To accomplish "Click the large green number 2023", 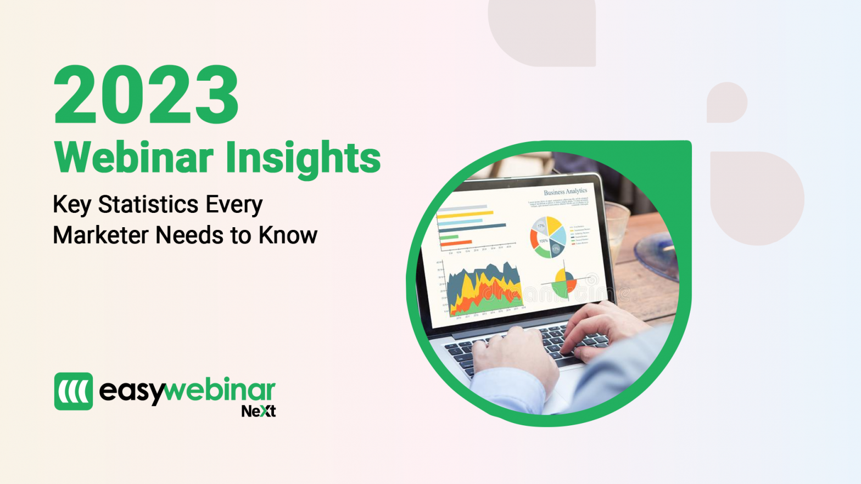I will pyautogui.click(x=146, y=94).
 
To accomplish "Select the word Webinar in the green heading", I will pyautogui.click(x=133, y=158).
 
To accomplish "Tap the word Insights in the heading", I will pyautogui.click(x=303, y=158).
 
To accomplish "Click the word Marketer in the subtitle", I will pyautogui.click(x=100, y=235).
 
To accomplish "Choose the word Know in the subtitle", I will pyautogui.click(x=288, y=235).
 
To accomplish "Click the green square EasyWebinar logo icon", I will pyautogui.click(x=74, y=391).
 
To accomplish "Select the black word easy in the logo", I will pyautogui.click(x=131, y=392).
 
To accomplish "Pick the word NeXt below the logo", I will pyautogui.click(x=258, y=411).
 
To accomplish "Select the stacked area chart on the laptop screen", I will pyautogui.click(x=484, y=290).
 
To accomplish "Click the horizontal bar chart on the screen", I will pyautogui.click(x=471, y=226).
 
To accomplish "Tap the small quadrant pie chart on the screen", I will pyautogui.click(x=564, y=282).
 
